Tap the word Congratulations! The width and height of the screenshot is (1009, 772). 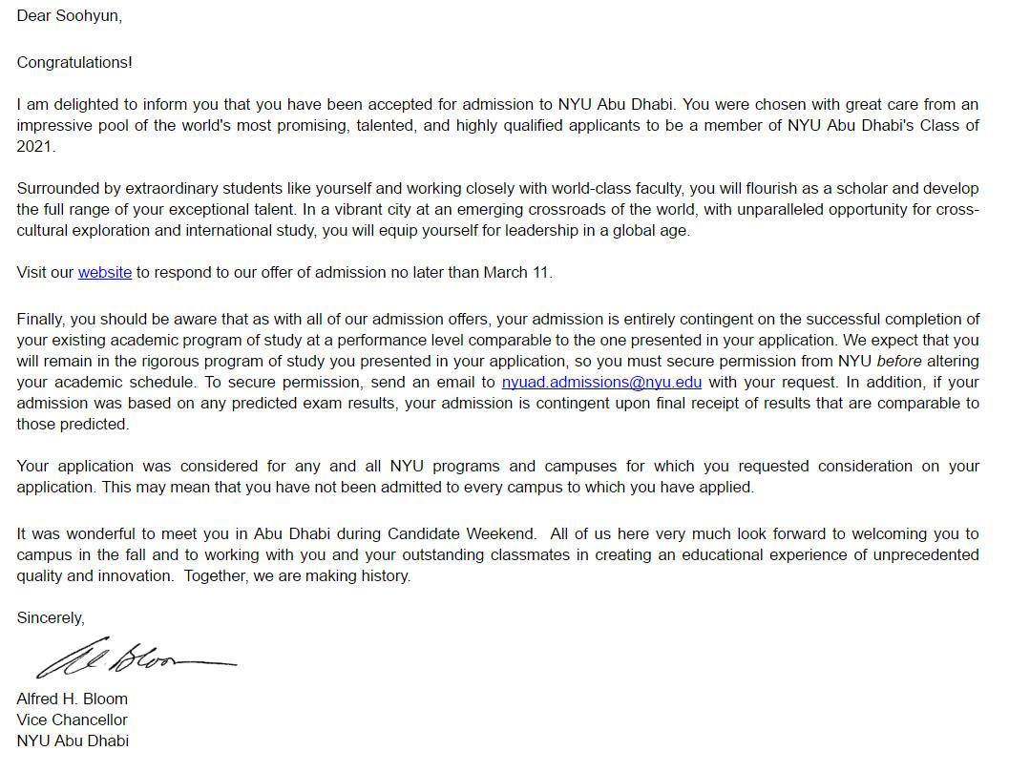pos(74,63)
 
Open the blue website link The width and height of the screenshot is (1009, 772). pos(105,273)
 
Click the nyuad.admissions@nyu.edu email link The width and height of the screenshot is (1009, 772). pos(601,383)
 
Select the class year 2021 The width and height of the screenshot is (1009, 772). pos(34,147)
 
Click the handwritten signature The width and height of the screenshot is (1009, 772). pos(134,658)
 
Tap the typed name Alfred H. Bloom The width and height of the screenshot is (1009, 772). pos(72,699)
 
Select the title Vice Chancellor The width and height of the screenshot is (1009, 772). pos(72,720)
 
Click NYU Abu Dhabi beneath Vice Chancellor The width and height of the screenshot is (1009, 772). pos(73,741)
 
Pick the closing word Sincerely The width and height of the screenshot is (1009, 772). pos(50,618)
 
